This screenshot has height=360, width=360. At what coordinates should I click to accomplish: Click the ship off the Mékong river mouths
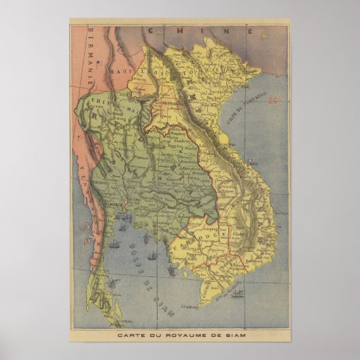tap(238, 293)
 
